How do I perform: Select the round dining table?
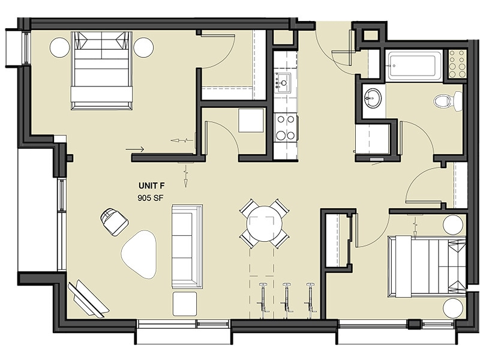pyautogui.click(x=263, y=223)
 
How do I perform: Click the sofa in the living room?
pyautogui.click(x=187, y=245)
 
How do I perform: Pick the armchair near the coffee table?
pyautogui.click(x=114, y=221)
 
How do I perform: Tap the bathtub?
pyautogui.click(x=414, y=65)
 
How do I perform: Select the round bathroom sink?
pyautogui.click(x=373, y=98)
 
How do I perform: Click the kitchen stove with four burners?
pyautogui.click(x=285, y=127)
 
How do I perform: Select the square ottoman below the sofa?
pyautogui.click(x=185, y=303)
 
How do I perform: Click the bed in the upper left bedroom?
pyautogui.click(x=101, y=70)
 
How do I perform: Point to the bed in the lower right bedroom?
pyautogui.click(x=426, y=266)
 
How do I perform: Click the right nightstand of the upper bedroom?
pyautogui.click(x=143, y=47)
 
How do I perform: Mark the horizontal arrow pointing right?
pyautogui.click(x=135, y=149)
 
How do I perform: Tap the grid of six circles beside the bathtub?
pyautogui.click(x=457, y=64)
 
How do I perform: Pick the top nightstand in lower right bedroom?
pyautogui.click(x=453, y=224)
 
